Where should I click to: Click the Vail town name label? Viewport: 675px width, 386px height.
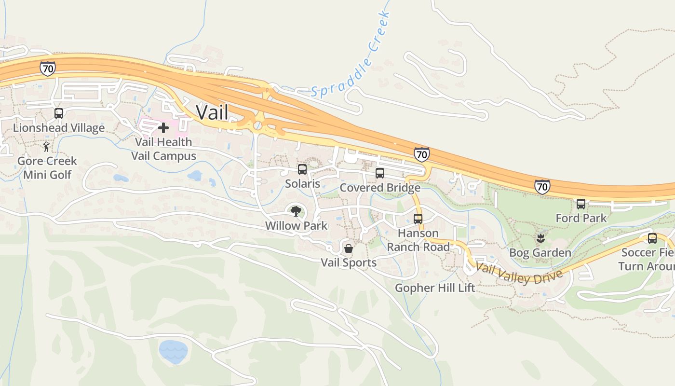[x=212, y=112]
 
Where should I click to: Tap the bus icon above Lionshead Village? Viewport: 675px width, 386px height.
[x=59, y=113]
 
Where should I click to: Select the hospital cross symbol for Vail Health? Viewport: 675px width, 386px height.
[x=163, y=128]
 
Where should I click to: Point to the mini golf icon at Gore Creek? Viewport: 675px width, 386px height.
[x=46, y=147]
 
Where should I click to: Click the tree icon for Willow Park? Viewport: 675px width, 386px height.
[x=296, y=211]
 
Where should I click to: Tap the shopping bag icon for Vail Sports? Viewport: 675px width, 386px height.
[x=348, y=248]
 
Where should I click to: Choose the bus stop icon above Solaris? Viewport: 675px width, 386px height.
[x=302, y=169]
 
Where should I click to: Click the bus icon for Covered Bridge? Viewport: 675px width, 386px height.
[x=380, y=173]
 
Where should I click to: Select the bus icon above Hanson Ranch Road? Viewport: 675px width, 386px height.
[x=418, y=219]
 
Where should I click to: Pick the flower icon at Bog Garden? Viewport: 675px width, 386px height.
[x=540, y=238]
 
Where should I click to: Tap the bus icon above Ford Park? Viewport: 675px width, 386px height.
[x=581, y=204]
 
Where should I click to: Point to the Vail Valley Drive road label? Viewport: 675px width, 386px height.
[x=519, y=274]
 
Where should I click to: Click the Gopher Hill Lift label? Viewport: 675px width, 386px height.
[x=435, y=288]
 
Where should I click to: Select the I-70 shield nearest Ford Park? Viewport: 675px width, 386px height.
[x=542, y=187]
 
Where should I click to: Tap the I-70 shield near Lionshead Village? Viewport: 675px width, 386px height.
[x=48, y=69]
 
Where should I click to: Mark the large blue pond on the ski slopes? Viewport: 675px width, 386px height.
[x=173, y=351]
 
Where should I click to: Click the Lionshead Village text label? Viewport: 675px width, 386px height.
[x=59, y=128]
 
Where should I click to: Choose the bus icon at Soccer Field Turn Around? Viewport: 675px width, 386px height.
[x=652, y=238]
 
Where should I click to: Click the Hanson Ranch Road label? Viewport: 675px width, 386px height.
[x=418, y=240]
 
